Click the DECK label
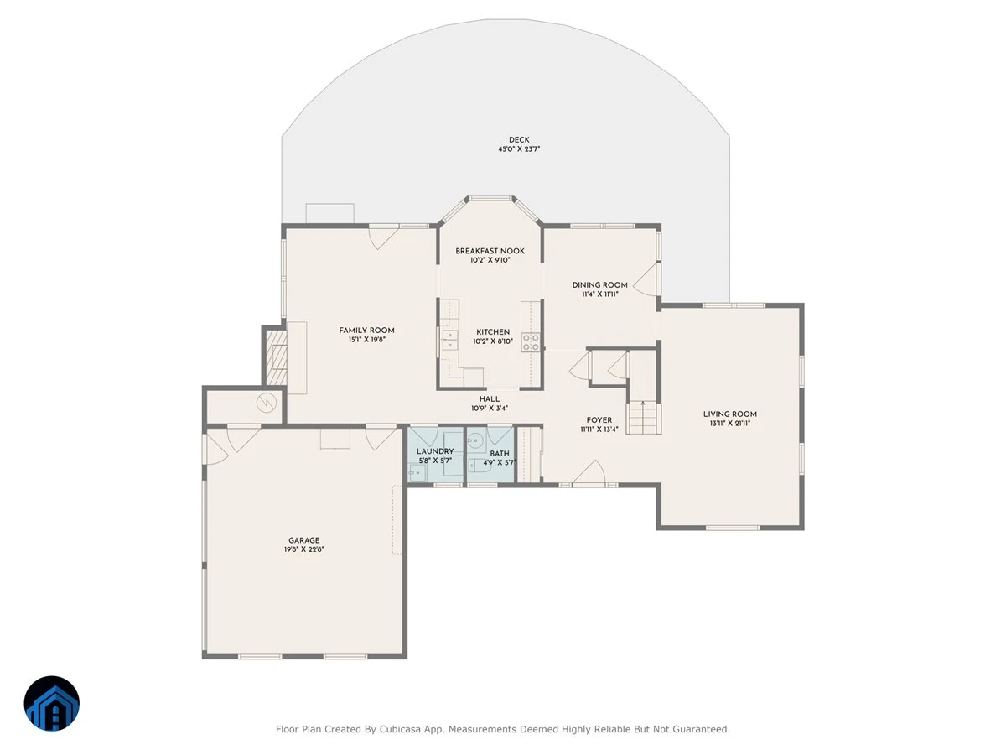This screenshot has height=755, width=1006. [519, 140]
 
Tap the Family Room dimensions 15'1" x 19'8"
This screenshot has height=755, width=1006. [366, 340]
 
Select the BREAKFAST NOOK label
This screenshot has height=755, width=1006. [490, 251]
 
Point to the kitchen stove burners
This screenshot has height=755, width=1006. [531, 342]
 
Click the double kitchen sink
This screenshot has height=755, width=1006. [449, 340]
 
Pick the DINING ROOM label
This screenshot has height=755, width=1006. [600, 285]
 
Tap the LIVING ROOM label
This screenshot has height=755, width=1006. [730, 414]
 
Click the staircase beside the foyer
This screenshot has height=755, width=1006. [643, 418]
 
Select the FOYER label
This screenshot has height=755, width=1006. [599, 420]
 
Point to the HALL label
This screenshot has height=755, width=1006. [490, 399]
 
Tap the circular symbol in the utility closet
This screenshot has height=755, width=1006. [267, 403]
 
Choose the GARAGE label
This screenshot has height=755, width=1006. [303, 540]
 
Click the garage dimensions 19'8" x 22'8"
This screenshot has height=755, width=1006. [303, 549]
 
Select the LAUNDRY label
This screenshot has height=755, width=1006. [435, 451]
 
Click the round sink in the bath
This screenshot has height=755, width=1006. [475, 440]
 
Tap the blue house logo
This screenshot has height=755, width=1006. [52, 703]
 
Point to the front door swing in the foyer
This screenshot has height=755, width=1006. [589, 471]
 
